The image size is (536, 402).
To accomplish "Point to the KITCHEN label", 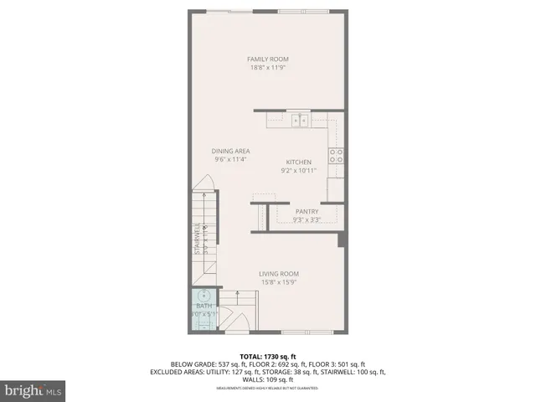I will pyautogui.click(x=299, y=162).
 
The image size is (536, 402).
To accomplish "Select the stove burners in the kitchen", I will pyautogui.click(x=336, y=155).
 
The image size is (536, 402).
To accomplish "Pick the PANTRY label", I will pyautogui.click(x=307, y=212).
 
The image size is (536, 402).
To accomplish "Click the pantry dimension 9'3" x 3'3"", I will pyautogui.click(x=307, y=220).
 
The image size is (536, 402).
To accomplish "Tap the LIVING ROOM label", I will pyautogui.click(x=279, y=274).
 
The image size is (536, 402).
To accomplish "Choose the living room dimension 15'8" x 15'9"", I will pyautogui.click(x=279, y=282).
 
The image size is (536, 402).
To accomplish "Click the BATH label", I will pyautogui.click(x=204, y=307).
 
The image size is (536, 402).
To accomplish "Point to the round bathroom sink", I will pyautogui.click(x=204, y=295).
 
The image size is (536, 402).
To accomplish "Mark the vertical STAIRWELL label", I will pyautogui.click(x=198, y=239).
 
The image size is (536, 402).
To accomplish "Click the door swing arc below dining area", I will pyautogui.click(x=202, y=188).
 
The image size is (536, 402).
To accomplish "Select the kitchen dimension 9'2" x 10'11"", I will pyautogui.click(x=299, y=171).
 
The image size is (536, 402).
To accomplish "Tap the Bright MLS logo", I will pyautogui.click(x=33, y=390).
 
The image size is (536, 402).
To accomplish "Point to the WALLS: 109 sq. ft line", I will pyautogui.click(x=268, y=380).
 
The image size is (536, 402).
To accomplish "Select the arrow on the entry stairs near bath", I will pyautogui.click(x=239, y=296).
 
